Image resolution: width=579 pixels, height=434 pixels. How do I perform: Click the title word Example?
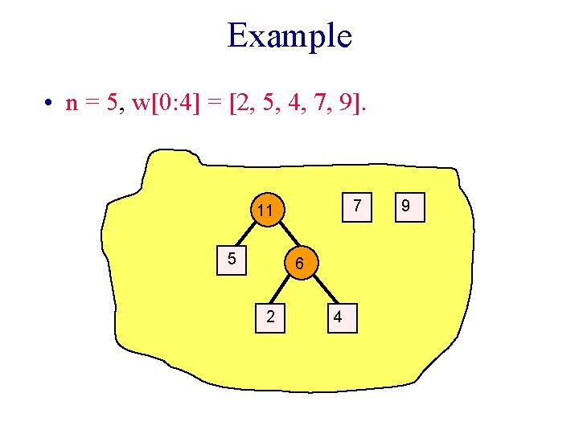click(289, 36)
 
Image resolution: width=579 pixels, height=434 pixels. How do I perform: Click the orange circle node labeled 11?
click(265, 211)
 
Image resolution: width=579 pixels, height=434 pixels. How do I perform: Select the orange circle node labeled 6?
click(298, 262)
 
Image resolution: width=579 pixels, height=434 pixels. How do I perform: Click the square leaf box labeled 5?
click(232, 260)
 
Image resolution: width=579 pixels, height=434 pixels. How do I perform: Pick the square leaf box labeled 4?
click(339, 317)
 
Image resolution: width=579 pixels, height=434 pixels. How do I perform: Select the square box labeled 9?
click(406, 206)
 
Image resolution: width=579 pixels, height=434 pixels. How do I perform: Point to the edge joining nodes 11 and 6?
click(283, 238)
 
